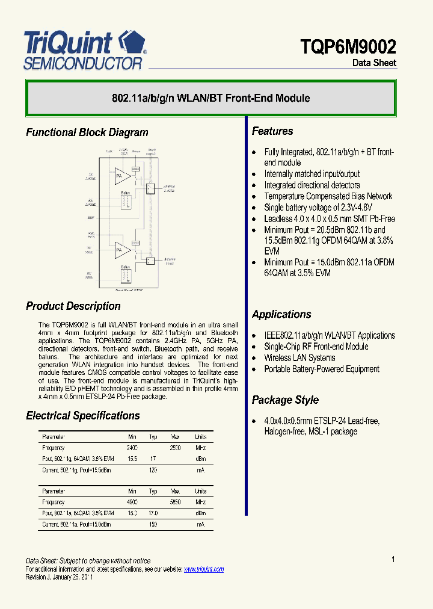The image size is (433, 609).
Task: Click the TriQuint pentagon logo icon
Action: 133,42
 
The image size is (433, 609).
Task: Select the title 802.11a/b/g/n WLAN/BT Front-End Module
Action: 210,98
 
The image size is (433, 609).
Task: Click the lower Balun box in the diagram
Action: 126,274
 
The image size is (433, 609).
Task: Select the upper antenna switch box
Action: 150,188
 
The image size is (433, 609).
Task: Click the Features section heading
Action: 272,131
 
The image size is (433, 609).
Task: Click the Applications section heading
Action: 281,314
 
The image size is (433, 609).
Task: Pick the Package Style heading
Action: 285,400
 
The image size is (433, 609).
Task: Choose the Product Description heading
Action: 73,306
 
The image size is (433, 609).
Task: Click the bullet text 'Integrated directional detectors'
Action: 312,185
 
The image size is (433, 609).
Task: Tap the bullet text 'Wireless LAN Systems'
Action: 299,357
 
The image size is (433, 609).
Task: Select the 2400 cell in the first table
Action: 132,448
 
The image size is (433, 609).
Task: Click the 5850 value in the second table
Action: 175,502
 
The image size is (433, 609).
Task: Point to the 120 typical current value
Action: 153,470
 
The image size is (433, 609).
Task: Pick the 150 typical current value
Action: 153,525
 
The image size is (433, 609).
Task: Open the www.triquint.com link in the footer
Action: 203,569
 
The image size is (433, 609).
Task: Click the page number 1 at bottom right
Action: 393,560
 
